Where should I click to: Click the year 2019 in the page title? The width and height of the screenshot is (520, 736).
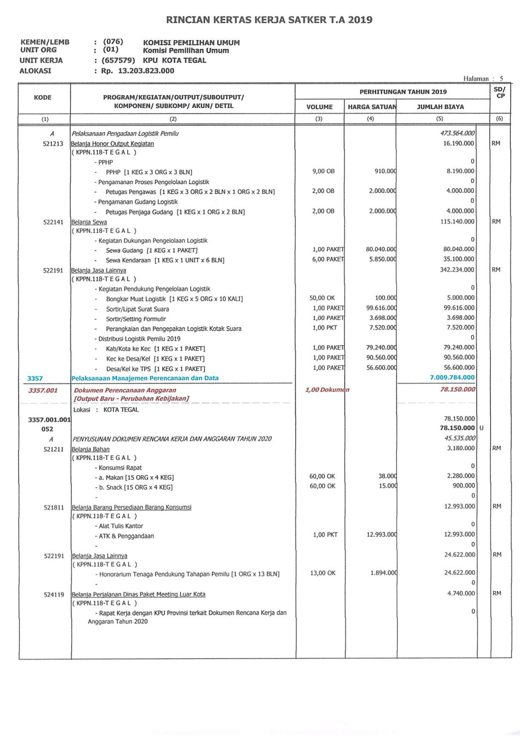click(360, 20)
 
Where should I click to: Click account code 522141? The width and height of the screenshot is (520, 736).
click(53, 222)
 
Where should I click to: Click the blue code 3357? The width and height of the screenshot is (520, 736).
click(35, 378)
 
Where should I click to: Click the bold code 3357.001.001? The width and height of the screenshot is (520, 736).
click(49, 420)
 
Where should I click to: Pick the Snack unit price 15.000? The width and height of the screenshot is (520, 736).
click(387, 486)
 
